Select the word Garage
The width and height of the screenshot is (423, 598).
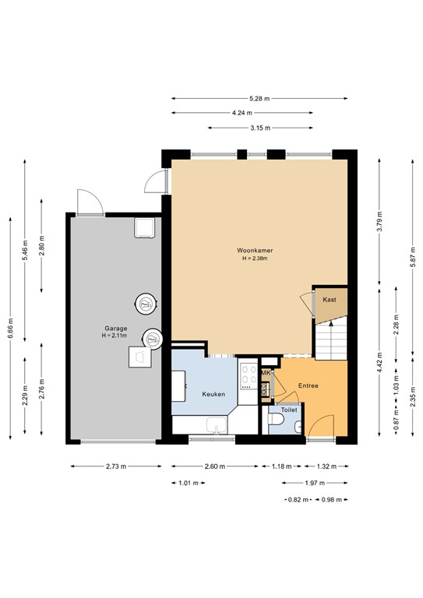pyautogui.click(x=117, y=328)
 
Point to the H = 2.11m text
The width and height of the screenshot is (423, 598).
pyautogui.click(x=117, y=336)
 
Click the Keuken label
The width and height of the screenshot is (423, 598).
pyautogui.click(x=213, y=394)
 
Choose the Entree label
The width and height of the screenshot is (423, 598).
pyautogui.click(x=308, y=385)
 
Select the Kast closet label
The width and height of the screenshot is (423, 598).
pyautogui.click(x=329, y=299)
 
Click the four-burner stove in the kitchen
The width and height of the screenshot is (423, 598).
pyautogui.click(x=249, y=377)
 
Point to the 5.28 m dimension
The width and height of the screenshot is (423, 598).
pyautogui.click(x=259, y=99)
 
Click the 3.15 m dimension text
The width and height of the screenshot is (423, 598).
pyautogui.click(x=259, y=128)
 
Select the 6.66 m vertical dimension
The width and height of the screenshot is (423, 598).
pyautogui.click(x=10, y=322)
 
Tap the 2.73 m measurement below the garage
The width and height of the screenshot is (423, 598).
pyautogui.click(x=115, y=467)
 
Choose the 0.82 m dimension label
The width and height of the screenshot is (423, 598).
pyautogui.click(x=298, y=499)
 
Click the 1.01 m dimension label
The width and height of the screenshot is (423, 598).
pyautogui.click(x=188, y=484)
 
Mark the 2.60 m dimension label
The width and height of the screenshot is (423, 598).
pyautogui.click(x=216, y=467)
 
